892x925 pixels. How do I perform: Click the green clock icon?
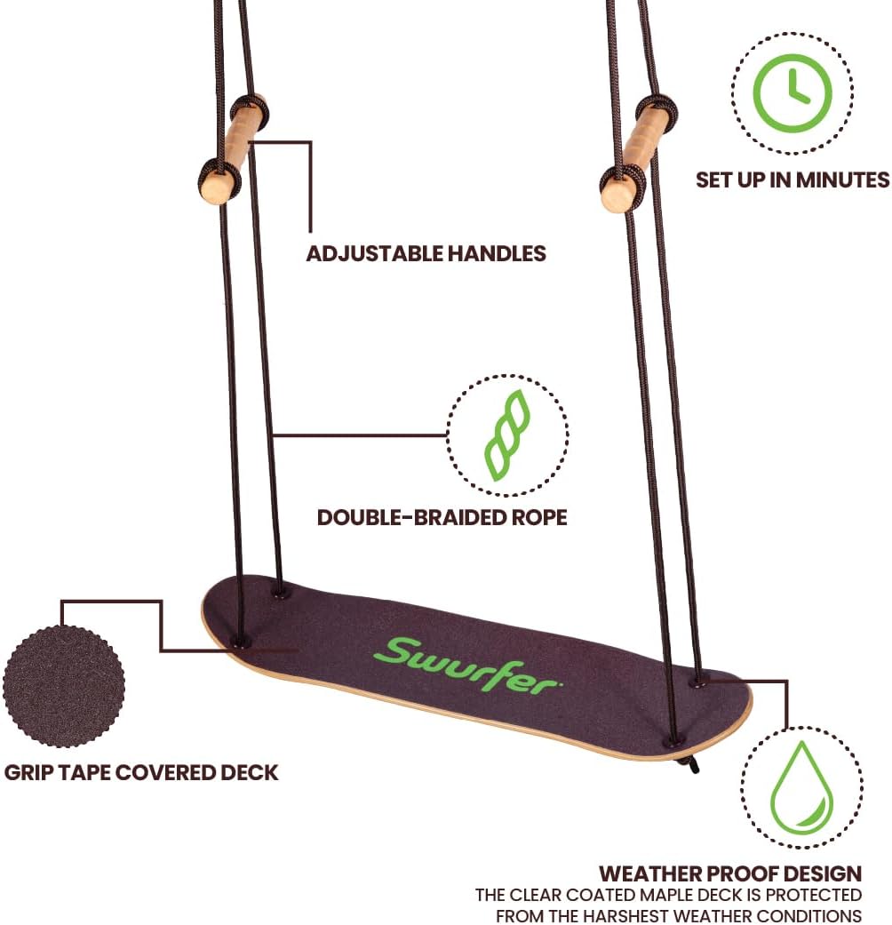point(792,92)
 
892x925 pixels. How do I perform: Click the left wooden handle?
point(231,152)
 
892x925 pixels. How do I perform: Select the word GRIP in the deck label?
point(29,771)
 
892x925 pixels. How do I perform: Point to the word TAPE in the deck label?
point(85,771)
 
